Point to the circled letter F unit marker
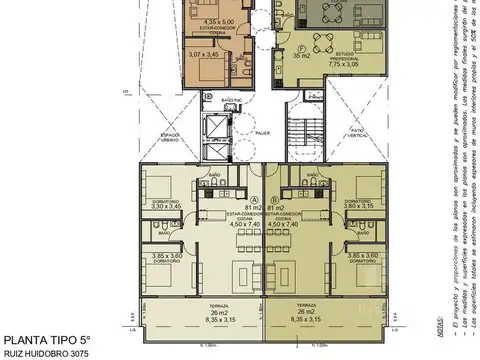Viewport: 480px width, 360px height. click(303, 47)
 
